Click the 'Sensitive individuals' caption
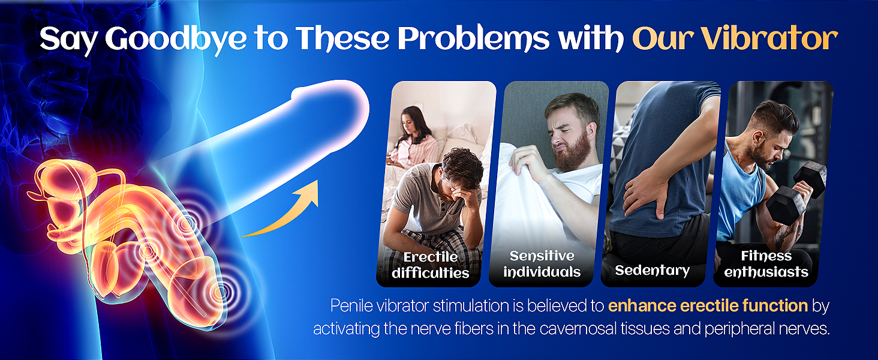coord(542,264)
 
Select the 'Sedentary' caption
coord(652,270)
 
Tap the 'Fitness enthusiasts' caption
coord(766,264)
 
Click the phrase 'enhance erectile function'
coord(708,306)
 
